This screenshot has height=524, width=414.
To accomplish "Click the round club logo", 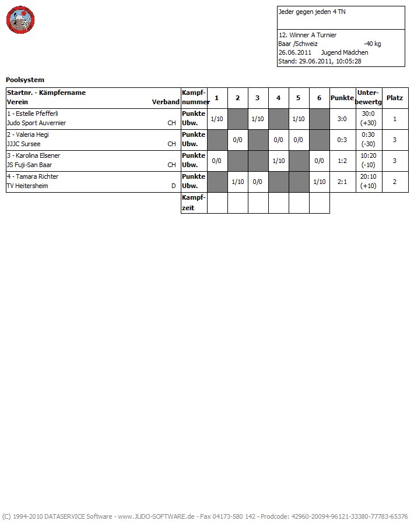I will click(x=21, y=21).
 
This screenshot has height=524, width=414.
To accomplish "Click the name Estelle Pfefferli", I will click(x=33, y=114).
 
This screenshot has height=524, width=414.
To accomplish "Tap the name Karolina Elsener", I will click(x=34, y=155).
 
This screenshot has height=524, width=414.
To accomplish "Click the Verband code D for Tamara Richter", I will click(x=173, y=186).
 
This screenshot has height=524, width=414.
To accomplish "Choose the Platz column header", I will click(x=395, y=98).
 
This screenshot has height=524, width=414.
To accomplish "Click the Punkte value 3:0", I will click(x=342, y=119).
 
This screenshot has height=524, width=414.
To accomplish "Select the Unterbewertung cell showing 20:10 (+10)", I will click(x=369, y=182).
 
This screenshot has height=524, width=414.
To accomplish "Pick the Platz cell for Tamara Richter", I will click(x=395, y=182).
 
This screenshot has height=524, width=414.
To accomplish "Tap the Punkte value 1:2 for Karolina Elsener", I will click(x=342, y=161).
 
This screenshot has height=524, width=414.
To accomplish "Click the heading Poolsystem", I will click(x=25, y=80).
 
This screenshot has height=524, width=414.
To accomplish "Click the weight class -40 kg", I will click(x=372, y=44).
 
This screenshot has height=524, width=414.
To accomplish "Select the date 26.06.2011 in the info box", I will click(x=295, y=52).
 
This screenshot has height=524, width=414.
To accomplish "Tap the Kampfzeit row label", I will click(x=194, y=203).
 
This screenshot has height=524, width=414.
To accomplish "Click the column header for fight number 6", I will click(x=319, y=98).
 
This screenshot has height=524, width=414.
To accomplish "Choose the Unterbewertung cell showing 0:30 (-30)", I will click(x=369, y=140).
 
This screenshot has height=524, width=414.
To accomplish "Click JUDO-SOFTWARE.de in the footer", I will click(x=165, y=516).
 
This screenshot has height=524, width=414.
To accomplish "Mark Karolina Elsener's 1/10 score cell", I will click(x=278, y=161).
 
